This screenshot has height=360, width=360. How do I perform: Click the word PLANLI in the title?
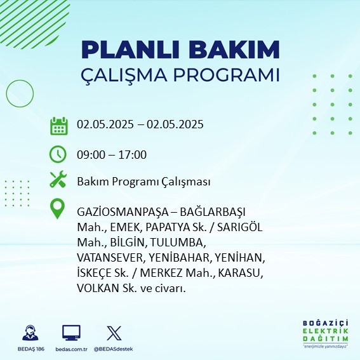click(x=130, y=50)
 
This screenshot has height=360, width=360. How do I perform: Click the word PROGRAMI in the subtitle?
click(x=227, y=75)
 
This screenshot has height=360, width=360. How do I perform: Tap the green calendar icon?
click(x=59, y=126)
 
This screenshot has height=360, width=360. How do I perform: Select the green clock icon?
click(x=58, y=154)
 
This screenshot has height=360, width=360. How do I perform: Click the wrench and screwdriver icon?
click(x=58, y=179)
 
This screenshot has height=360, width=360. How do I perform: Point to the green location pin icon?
click(x=57, y=209)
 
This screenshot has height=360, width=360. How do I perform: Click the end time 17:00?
click(x=133, y=155)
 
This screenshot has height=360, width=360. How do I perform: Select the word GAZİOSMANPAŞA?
click(x=123, y=212)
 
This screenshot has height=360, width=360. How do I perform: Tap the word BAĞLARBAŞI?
click(x=213, y=212)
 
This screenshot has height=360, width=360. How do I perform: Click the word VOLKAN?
click(x=98, y=288)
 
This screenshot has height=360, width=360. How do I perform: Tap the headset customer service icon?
click(x=30, y=333)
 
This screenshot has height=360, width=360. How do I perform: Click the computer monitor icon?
click(x=71, y=333)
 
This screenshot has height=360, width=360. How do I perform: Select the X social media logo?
click(x=114, y=333)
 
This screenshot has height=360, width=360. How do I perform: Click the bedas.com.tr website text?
click(x=71, y=349)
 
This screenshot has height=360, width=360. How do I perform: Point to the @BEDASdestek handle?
click(x=114, y=349)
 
